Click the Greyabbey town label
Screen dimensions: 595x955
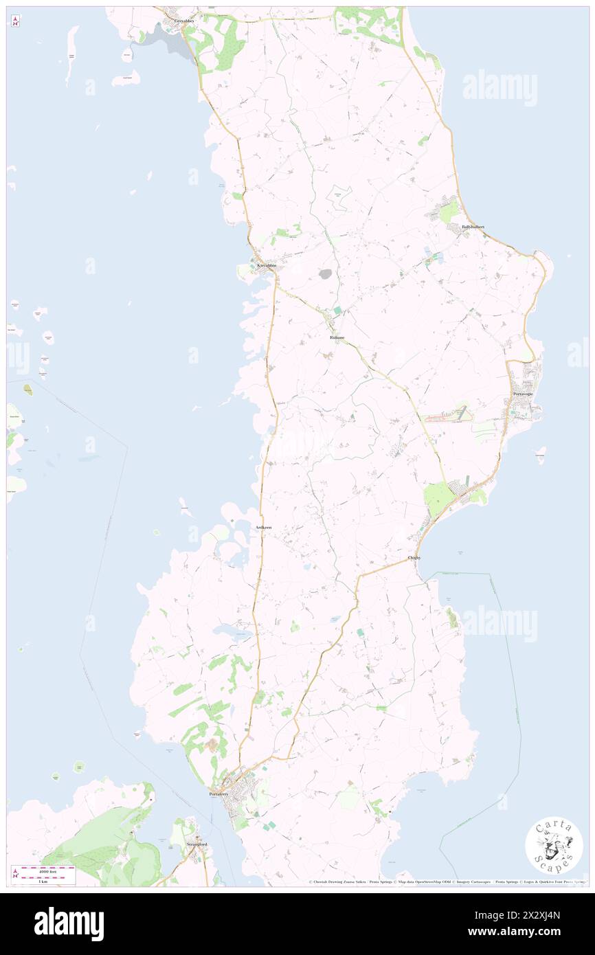[x=184, y=21]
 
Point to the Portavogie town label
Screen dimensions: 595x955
[x=527, y=394]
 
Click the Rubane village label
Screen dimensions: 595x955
[x=336, y=338]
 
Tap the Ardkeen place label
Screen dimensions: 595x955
[x=263, y=527]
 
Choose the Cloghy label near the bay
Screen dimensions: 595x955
[x=414, y=557]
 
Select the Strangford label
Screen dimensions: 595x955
[x=197, y=844]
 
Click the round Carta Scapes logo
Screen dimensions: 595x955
[x=553, y=844]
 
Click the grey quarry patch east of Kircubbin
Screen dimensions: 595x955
[x=325, y=274]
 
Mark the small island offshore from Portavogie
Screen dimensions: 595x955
[x=541, y=455]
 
